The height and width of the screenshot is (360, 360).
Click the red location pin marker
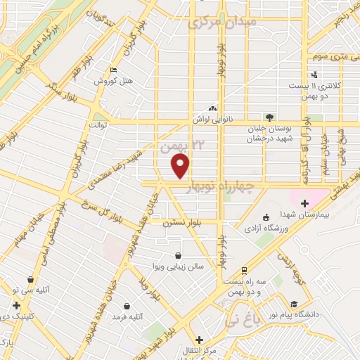click(181, 166)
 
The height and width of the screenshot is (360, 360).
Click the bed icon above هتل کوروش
click(114, 70)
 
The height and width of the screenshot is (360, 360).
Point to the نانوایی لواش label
click(211, 120)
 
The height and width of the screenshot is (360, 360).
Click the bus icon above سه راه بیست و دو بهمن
click(243, 269)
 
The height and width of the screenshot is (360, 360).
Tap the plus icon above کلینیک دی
click(15, 305)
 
